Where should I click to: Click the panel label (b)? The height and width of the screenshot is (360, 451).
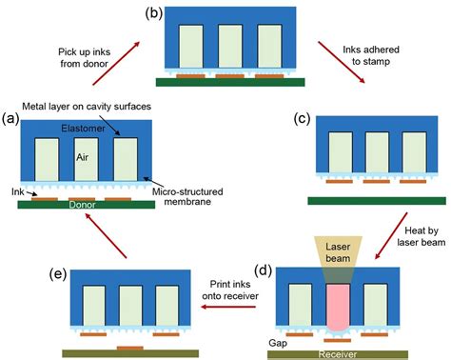click(153, 13)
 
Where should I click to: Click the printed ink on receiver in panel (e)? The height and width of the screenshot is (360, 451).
click(128, 349)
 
